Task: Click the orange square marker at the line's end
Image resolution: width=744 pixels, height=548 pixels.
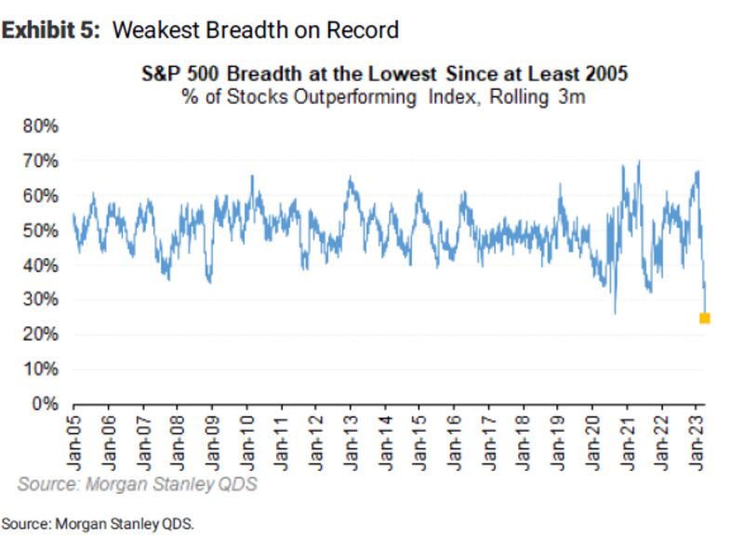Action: pos(704,319)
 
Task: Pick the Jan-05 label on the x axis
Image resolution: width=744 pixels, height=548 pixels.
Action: pos(74,440)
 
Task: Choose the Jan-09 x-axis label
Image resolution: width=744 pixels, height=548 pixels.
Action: pos(213,440)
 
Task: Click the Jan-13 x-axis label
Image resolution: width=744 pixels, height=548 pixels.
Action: pos(352,440)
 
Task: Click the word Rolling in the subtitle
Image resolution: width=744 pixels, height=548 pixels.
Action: pos(528,97)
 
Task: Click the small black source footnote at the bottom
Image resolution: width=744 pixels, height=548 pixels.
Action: pos(98,525)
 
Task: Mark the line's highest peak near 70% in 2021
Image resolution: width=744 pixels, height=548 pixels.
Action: pos(638,163)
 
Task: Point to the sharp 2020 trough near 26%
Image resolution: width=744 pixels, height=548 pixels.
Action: pos(615,312)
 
